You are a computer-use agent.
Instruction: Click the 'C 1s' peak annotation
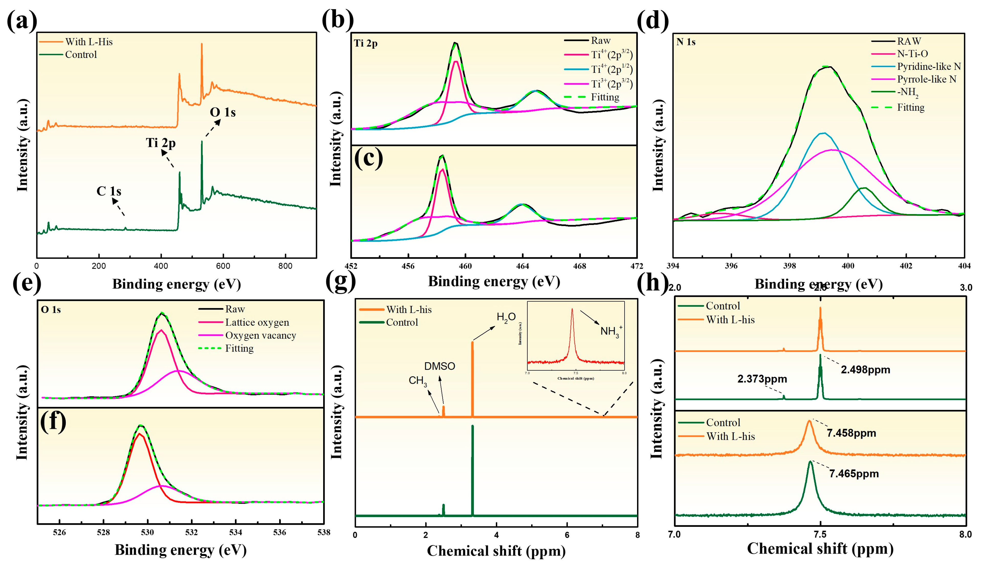[x=109, y=191]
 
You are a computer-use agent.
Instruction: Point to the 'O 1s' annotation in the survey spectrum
[x=223, y=112]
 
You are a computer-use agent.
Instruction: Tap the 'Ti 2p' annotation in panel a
[x=161, y=143]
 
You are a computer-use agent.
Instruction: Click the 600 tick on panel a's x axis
[x=223, y=266]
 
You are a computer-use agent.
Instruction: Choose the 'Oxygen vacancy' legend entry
[x=260, y=335]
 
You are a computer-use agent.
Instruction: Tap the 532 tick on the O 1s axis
[x=192, y=532]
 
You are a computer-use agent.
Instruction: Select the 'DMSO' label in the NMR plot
[x=440, y=366]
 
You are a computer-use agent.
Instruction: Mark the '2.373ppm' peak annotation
[x=762, y=379]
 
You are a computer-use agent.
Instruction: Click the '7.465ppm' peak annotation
[x=854, y=474]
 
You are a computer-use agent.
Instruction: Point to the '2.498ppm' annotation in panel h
[x=865, y=370]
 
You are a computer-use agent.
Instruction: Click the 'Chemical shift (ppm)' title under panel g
[x=496, y=551]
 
